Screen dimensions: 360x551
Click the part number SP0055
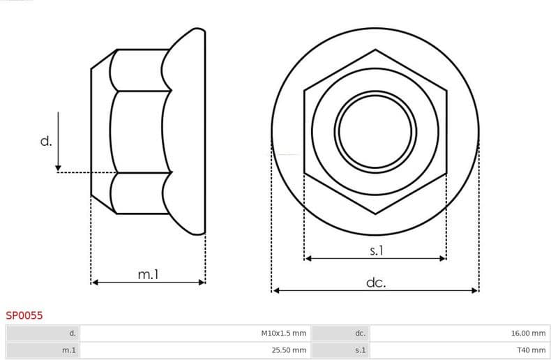click(24, 315)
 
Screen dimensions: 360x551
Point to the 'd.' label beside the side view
click(46, 142)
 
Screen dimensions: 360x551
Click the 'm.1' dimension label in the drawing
click(148, 275)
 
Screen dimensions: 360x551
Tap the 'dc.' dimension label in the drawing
click(375, 283)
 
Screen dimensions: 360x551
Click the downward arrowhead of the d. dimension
click(58, 167)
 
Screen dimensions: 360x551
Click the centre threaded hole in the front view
click(375, 130)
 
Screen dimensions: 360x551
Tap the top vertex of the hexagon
click(375, 50)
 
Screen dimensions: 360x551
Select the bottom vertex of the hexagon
click(375, 213)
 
